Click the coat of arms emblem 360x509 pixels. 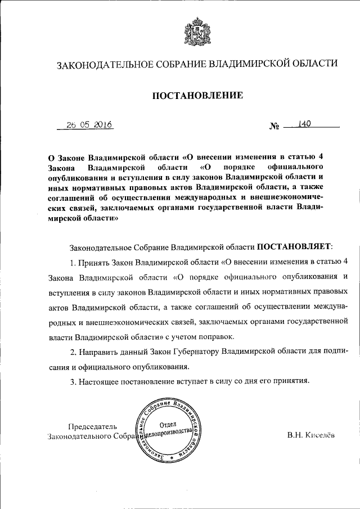click(x=197, y=33)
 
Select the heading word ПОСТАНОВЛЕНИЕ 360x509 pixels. click(x=197, y=96)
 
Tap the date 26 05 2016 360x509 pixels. click(x=89, y=124)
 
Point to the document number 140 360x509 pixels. click(x=305, y=123)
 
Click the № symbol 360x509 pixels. click(x=274, y=127)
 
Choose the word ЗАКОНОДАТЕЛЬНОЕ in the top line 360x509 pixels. click(x=103, y=64)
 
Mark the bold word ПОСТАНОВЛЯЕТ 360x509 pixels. click(x=295, y=246)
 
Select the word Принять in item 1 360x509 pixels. click(x=96, y=262)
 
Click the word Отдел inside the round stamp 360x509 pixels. click(x=169, y=424)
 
